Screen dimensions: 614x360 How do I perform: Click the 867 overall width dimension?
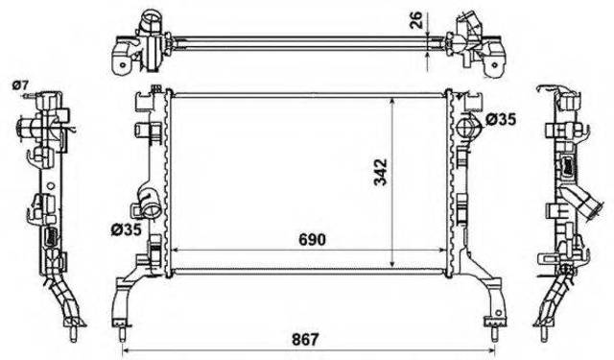tap(305, 339)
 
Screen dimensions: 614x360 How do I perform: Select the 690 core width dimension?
tap(312, 239)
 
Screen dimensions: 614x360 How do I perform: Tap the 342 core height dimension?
tap(380, 172)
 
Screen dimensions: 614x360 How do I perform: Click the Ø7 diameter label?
tap(21, 84)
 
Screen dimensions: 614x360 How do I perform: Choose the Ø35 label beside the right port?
tap(501, 119)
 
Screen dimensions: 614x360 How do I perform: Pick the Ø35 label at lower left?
tap(126, 230)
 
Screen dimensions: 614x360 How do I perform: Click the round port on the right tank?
tap(466, 125)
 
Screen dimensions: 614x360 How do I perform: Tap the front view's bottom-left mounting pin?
tap(122, 330)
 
